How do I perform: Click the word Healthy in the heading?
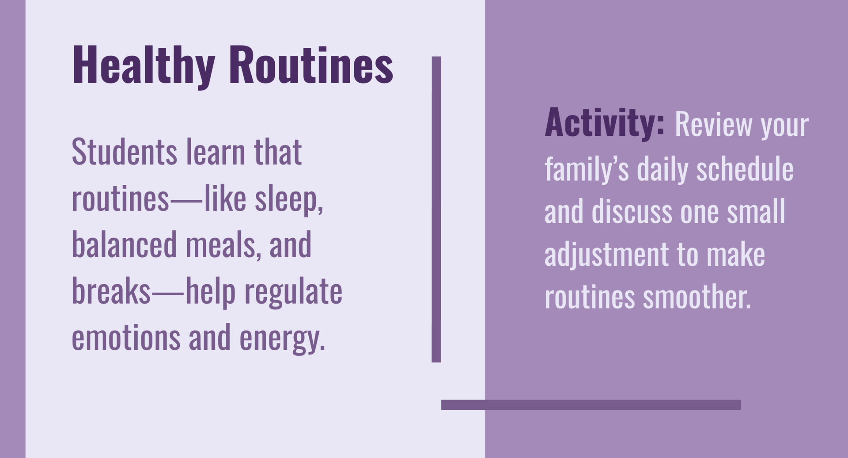coord(144,66)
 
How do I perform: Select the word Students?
coord(125,152)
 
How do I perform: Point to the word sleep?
coord(288,200)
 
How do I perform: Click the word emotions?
coord(126,337)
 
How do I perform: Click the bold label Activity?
coord(605,124)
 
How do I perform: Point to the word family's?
coord(587,168)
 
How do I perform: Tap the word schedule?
coord(745,168)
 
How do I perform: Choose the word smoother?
coord(697,298)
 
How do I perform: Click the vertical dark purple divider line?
coord(436,209)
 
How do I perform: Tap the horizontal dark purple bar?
coord(591,405)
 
